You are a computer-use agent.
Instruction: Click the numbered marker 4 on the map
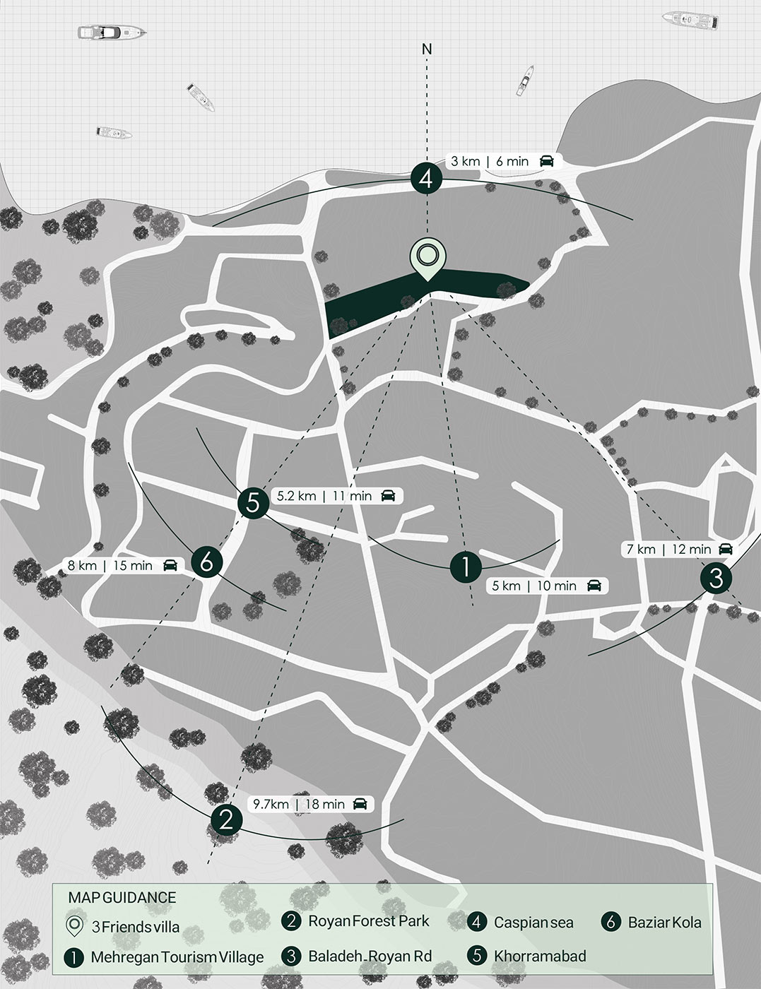tap(426, 179)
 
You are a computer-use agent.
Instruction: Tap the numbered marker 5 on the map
tap(253, 503)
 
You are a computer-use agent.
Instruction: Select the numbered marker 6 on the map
tap(206, 562)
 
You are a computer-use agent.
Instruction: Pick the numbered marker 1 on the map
tap(466, 566)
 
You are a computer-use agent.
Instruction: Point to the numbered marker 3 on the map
tap(716, 578)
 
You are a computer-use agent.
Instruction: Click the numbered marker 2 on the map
tap(226, 819)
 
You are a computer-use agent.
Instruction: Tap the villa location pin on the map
tap(427, 258)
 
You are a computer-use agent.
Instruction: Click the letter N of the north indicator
tap(427, 49)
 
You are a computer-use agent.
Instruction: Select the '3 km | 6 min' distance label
tap(490, 161)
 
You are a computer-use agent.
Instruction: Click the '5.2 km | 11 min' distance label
tap(324, 496)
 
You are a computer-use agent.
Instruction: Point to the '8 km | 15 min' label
tap(110, 565)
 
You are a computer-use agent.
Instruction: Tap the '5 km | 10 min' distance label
tap(535, 586)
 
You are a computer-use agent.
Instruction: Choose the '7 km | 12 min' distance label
tap(668, 549)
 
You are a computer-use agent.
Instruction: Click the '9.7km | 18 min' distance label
tap(299, 804)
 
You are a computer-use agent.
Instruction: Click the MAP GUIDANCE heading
tap(122, 898)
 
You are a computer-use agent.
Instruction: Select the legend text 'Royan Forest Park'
tap(368, 921)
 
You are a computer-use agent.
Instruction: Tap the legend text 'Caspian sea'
tap(533, 923)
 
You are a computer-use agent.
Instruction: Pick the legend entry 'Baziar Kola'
tap(664, 923)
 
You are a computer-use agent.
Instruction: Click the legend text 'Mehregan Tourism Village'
tap(177, 958)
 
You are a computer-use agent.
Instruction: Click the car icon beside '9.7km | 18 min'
tap(360, 804)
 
